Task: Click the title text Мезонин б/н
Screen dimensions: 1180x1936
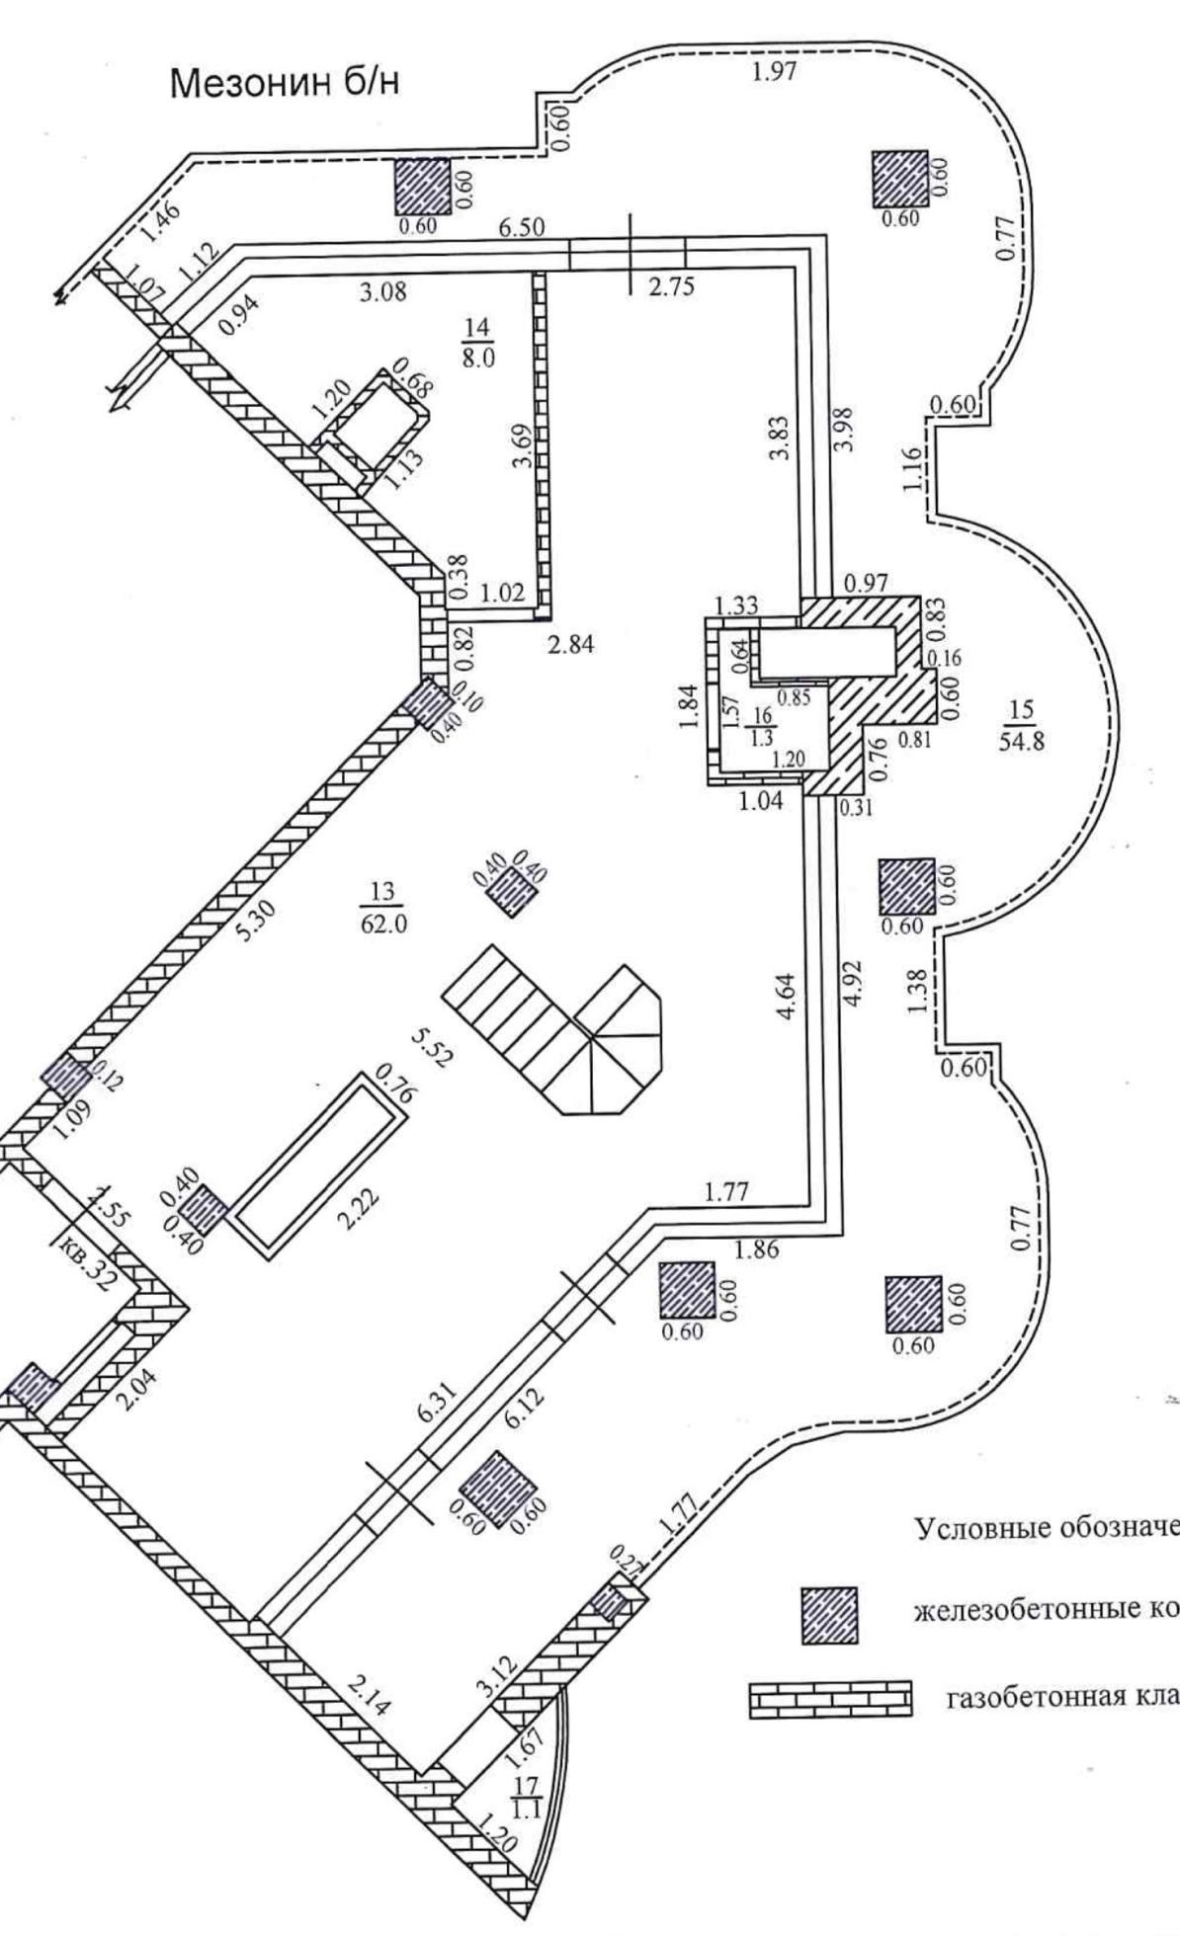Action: (x=287, y=84)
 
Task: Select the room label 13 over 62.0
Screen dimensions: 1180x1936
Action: (x=381, y=908)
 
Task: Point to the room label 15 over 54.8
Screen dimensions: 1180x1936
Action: (x=1021, y=725)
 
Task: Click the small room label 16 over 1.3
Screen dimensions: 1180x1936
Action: (x=761, y=726)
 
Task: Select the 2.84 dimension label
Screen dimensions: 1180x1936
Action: (x=572, y=645)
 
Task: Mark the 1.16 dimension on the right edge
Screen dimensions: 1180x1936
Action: (x=913, y=468)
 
